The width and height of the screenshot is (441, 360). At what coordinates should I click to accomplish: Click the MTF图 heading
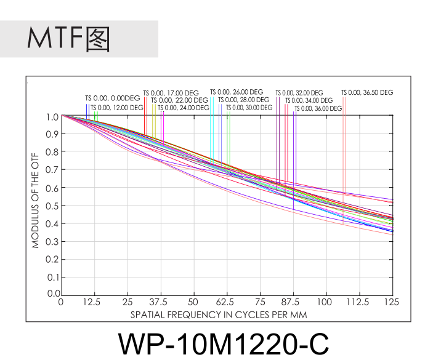tap(68, 39)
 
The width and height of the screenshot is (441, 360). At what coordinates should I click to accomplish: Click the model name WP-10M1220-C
tap(223, 343)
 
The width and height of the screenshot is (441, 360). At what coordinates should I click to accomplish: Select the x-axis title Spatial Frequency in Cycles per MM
tap(219, 314)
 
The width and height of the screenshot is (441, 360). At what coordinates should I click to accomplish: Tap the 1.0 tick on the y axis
tap(52, 116)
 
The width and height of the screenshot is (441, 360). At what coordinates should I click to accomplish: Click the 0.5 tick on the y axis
tap(52, 206)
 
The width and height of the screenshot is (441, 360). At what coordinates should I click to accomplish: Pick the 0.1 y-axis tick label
tap(52, 277)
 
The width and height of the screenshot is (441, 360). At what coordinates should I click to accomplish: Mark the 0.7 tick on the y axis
tap(52, 170)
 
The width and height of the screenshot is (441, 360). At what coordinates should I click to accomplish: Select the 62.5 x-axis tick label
tap(227, 302)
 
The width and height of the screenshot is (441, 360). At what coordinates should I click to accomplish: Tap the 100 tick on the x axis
tap(325, 302)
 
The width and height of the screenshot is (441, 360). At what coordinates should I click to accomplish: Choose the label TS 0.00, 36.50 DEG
tap(367, 93)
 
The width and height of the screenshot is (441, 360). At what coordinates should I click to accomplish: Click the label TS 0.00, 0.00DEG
tap(113, 98)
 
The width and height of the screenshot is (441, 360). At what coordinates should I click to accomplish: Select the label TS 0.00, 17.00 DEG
tap(171, 93)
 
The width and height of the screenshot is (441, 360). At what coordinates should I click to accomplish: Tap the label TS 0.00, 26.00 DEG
tap(237, 92)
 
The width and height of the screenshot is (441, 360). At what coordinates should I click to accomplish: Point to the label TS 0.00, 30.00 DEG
tap(251, 108)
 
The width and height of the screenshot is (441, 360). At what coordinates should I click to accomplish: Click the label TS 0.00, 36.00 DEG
tap(318, 108)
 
